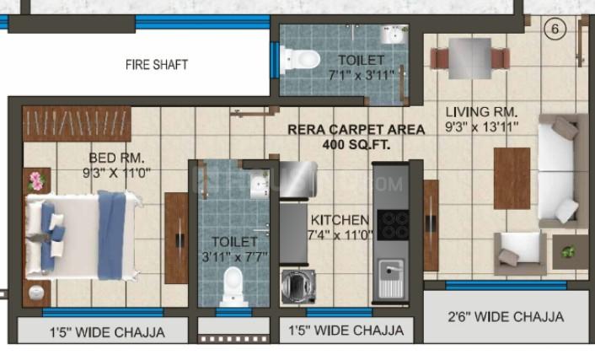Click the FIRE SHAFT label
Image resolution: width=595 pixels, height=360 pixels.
pos(157,65)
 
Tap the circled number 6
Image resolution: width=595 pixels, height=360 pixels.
pos(555,29)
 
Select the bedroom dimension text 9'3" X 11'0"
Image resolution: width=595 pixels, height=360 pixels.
pos(116,173)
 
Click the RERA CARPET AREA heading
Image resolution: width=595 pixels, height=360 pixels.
pos(356,130)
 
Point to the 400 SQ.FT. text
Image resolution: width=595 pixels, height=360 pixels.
pos(356,144)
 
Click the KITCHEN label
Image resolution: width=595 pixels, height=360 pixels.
pos(340,220)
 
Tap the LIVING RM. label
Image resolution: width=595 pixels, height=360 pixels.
pos(481,111)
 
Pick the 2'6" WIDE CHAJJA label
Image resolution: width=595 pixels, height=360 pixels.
pos(506,316)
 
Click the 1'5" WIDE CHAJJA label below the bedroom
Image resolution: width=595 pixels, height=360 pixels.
pos(107,332)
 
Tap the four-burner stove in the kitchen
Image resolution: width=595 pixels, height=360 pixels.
pos(393,225)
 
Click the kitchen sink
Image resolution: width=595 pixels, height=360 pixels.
pos(391,278)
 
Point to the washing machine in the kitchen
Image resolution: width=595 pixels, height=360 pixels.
pos(298,287)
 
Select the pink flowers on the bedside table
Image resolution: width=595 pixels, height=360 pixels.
pos(37,181)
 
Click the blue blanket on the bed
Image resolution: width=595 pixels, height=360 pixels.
pos(111,235)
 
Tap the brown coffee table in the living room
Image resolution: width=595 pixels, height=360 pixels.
pos(512,179)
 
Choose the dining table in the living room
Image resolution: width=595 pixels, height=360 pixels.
pos(469,58)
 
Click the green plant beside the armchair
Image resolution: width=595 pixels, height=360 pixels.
pos(568,251)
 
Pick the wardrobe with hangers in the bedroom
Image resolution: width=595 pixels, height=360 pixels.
pos(77,124)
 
